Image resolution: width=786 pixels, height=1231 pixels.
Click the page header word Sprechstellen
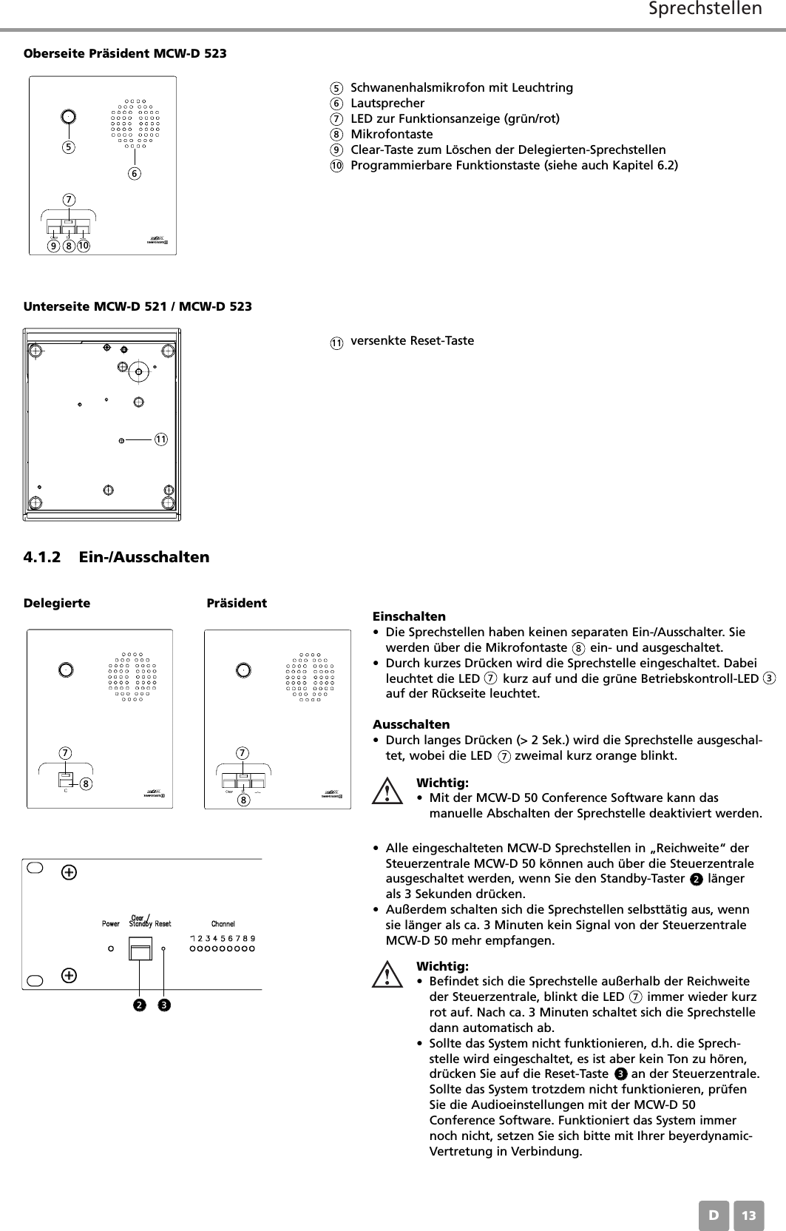tap(705, 10)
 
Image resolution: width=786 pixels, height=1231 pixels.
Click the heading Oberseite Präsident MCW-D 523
tap(126, 54)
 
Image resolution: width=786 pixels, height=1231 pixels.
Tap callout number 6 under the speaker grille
tap(135, 174)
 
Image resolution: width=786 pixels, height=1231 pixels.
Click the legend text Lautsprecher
tap(387, 103)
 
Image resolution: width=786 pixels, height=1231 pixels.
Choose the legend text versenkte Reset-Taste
tap(412, 341)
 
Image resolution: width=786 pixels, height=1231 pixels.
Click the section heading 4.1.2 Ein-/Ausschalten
tap(117, 556)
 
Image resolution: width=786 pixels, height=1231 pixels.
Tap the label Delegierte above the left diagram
tap(58, 603)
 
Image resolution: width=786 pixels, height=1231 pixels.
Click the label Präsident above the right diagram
tap(237, 603)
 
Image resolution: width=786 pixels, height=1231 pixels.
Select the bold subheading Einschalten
tap(409, 616)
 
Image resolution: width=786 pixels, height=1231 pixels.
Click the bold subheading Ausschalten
tap(411, 724)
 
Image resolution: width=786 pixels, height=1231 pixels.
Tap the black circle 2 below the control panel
tap(138, 1005)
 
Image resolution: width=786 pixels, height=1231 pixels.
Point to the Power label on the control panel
tap(111, 924)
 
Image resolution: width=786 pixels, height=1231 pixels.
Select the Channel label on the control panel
tap(223, 924)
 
